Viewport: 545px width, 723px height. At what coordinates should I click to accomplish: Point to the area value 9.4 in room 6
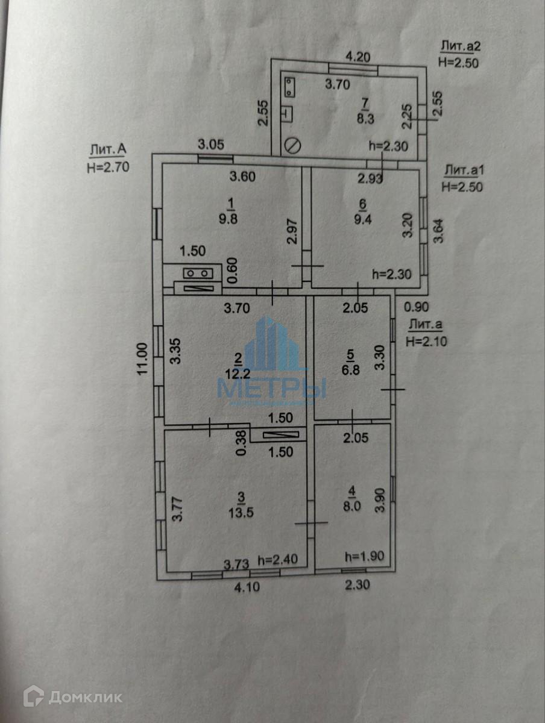pos(364,219)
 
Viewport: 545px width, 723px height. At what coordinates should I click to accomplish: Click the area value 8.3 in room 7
pos(365,119)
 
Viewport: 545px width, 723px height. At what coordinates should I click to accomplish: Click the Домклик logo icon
pos(33,696)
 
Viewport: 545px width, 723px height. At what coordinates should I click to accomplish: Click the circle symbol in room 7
pos(293,146)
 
